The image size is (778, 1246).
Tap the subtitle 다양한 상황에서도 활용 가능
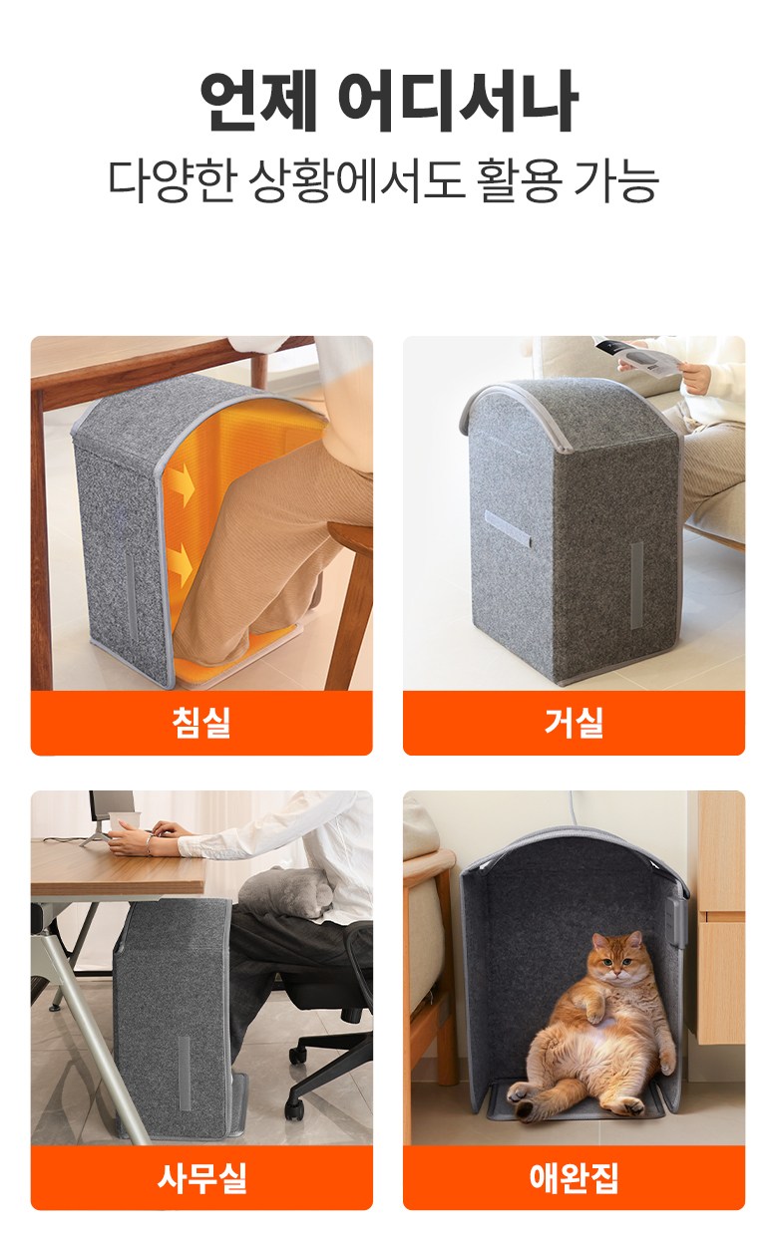pos(383,180)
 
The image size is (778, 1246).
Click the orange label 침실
pos(200,723)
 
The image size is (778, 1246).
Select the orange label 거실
pos(574,723)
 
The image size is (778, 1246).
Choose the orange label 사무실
pos(200,1177)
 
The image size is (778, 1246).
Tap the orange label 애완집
pos(574,1177)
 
